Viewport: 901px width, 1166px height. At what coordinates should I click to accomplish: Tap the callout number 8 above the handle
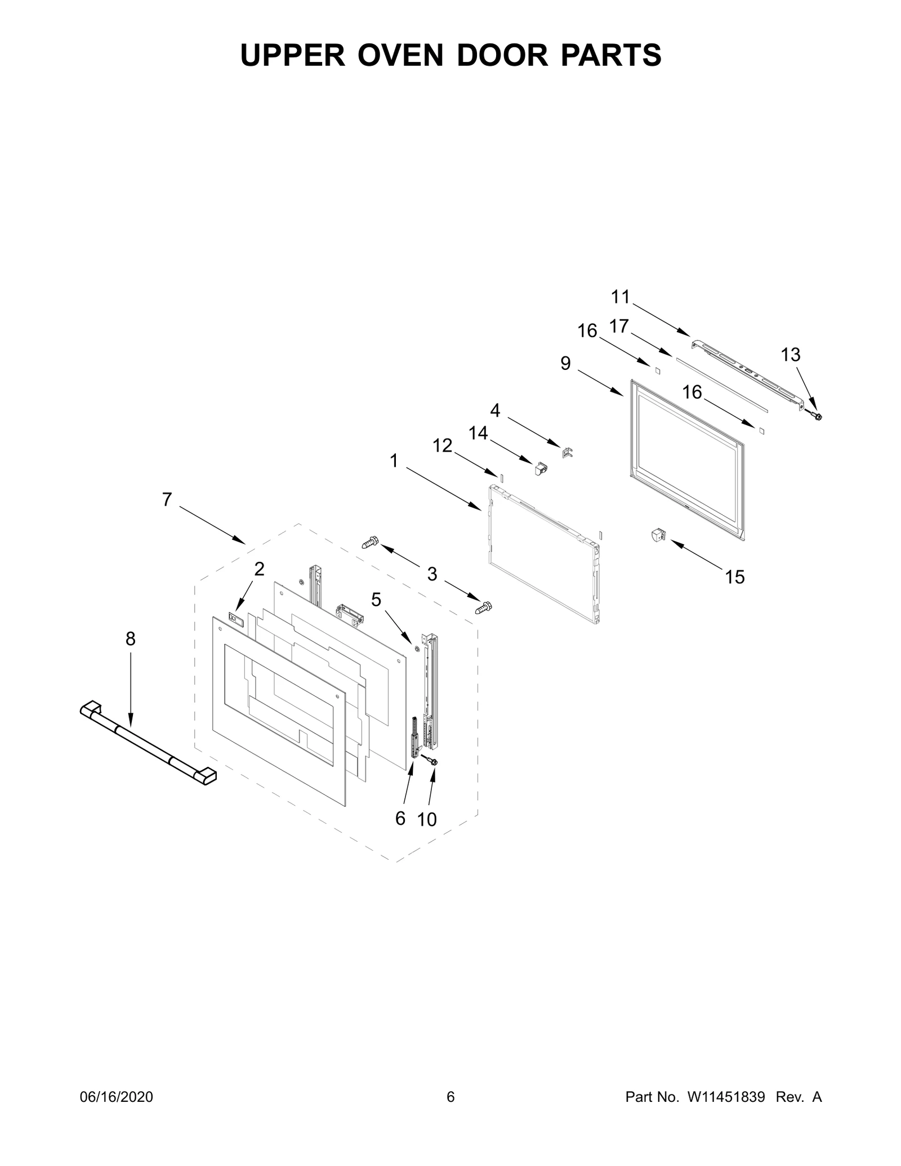[x=130, y=638]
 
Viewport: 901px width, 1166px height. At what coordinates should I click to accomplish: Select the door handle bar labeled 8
[x=148, y=743]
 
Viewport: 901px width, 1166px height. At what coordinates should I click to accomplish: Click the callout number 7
[x=167, y=499]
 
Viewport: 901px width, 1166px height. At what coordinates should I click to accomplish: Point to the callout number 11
[x=621, y=297]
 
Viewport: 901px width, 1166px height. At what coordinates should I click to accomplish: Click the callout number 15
[x=735, y=577]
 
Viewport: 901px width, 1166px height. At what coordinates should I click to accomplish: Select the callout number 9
[x=565, y=363]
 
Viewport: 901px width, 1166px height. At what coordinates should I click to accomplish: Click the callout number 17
[x=619, y=326]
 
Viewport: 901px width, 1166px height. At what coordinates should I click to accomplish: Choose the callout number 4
[x=494, y=410]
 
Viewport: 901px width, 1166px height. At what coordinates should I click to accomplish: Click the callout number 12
[x=443, y=445]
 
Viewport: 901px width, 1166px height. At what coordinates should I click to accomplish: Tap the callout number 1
[x=394, y=461]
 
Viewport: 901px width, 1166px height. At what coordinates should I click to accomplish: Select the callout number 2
[x=259, y=569]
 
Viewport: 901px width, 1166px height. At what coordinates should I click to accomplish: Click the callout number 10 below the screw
[x=427, y=820]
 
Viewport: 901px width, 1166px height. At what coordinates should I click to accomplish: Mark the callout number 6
[x=400, y=819]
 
